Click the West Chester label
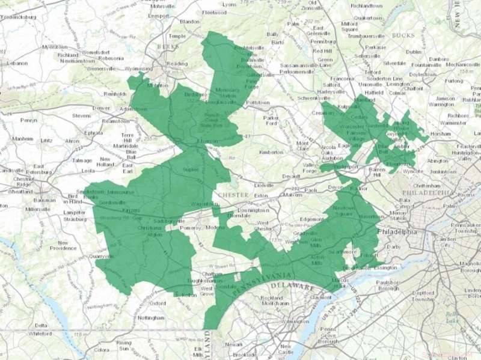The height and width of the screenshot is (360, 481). (x=260, y=227)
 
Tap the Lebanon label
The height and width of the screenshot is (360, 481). (x=17, y=63)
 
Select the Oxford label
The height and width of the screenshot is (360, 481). (x=158, y=303)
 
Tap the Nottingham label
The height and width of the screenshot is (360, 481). (x=150, y=317)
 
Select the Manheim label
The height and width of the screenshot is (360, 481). (x=22, y=139)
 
